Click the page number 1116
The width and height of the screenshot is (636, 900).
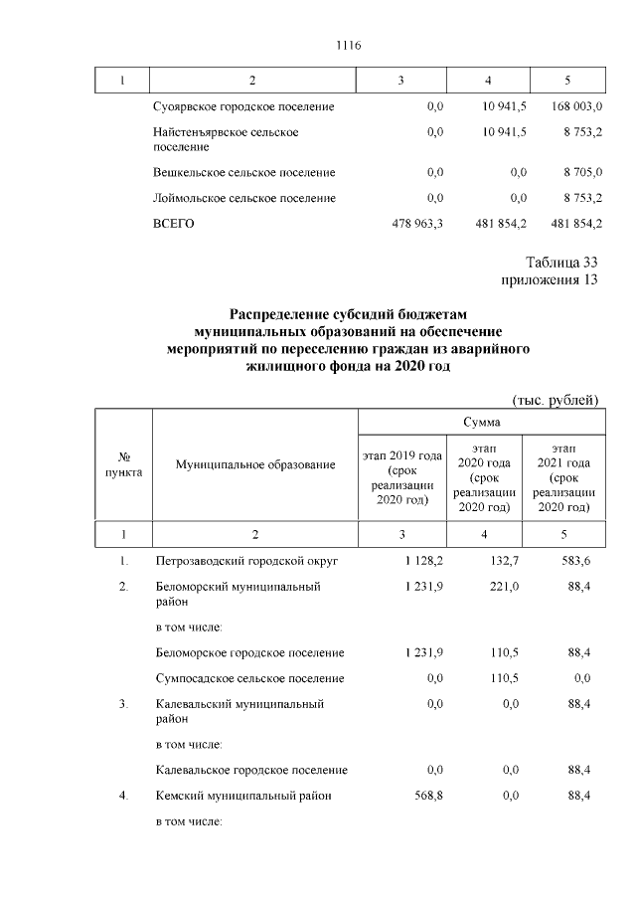tap(348, 45)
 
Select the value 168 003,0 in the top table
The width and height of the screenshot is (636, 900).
tap(570, 106)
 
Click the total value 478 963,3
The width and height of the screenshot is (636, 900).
tap(418, 225)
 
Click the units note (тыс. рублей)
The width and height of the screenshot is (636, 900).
tap(556, 400)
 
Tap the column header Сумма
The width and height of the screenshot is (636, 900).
tap(480, 423)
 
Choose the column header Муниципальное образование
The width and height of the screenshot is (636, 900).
tap(254, 465)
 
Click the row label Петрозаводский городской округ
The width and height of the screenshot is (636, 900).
tap(247, 562)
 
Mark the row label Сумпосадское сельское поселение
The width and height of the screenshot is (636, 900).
tap(250, 678)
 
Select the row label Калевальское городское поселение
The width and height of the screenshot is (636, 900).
tap(251, 770)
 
